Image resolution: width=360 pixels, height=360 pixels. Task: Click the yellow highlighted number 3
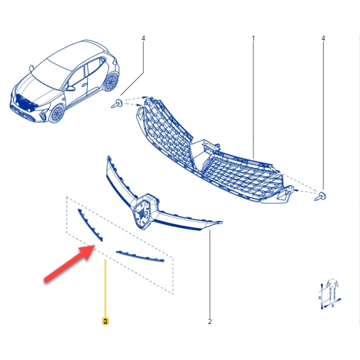tap(105, 321)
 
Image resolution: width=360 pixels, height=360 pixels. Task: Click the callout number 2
tap(210, 321)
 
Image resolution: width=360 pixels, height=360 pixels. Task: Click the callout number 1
tap(253, 39)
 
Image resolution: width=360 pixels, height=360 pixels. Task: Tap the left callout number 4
tap(143, 39)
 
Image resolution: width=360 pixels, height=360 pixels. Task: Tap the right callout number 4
tap(323, 39)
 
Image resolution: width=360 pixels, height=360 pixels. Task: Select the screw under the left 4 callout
tap(117, 103)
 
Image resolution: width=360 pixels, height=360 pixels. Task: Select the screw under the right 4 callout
tap(320, 196)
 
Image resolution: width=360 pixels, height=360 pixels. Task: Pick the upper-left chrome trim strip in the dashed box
tap(91, 225)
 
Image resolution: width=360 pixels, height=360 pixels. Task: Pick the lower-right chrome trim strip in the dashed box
tap(140, 256)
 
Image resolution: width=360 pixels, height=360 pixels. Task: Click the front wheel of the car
tap(57, 114)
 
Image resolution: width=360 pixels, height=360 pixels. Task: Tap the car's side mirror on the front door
tap(70, 88)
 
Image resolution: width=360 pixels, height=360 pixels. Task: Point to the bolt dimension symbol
tap(330, 294)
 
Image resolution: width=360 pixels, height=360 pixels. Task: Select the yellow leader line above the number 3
tap(105, 289)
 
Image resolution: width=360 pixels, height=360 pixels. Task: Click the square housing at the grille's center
tap(204, 153)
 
